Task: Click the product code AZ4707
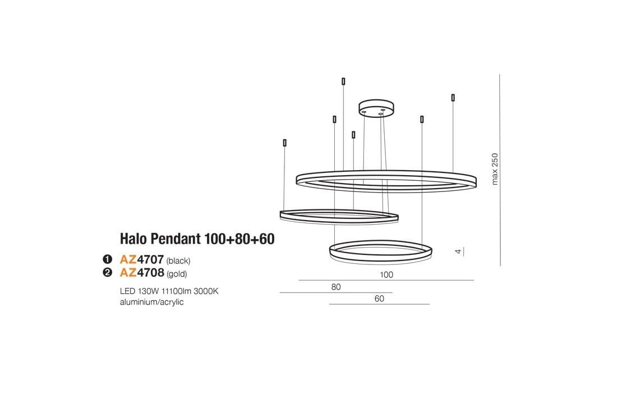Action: [x=141, y=260]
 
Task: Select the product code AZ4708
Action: [x=141, y=273]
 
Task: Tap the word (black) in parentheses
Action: [x=179, y=261]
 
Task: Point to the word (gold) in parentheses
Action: [x=177, y=275]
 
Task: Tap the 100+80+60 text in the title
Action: [x=239, y=239]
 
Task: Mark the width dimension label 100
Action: [x=386, y=275]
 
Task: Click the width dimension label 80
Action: [x=336, y=287]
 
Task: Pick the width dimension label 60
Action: [x=379, y=299]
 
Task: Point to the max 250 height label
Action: [x=495, y=169]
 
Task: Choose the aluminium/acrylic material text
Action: [x=152, y=302]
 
